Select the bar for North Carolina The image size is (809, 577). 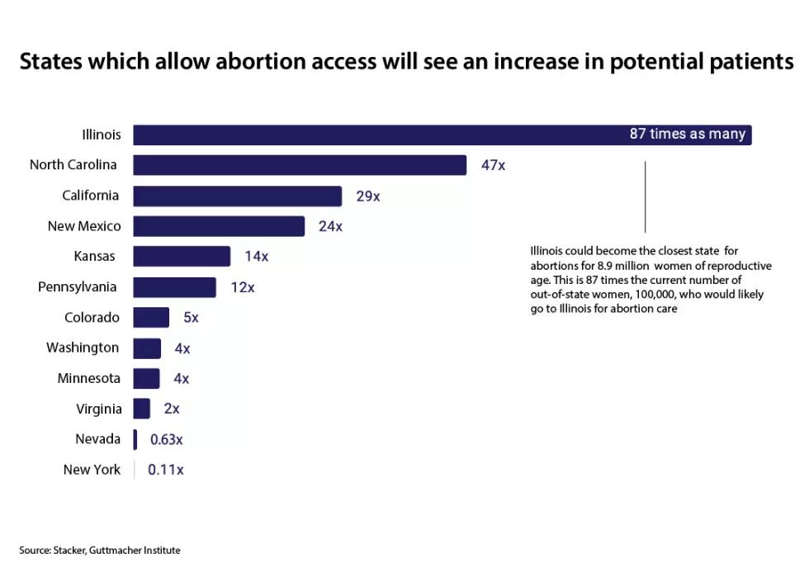click(300, 165)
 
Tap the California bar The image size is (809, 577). click(238, 196)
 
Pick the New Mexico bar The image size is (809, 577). click(219, 226)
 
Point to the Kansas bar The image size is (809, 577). click(182, 257)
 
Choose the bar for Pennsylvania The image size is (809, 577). click(174, 287)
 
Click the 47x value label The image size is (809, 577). click(493, 165)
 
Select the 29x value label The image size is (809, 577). click(367, 196)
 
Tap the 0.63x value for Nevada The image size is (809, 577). click(166, 439)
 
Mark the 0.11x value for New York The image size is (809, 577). click(165, 470)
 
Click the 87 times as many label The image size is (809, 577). click(687, 135)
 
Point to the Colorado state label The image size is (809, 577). click(92, 318)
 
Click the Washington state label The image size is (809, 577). click(83, 348)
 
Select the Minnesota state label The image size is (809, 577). click(88, 379)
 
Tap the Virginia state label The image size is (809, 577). click(98, 409)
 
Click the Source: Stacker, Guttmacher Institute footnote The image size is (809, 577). click(100, 550)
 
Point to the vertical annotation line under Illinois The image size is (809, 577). click(645, 196)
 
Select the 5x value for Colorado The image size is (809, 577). click(191, 318)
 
